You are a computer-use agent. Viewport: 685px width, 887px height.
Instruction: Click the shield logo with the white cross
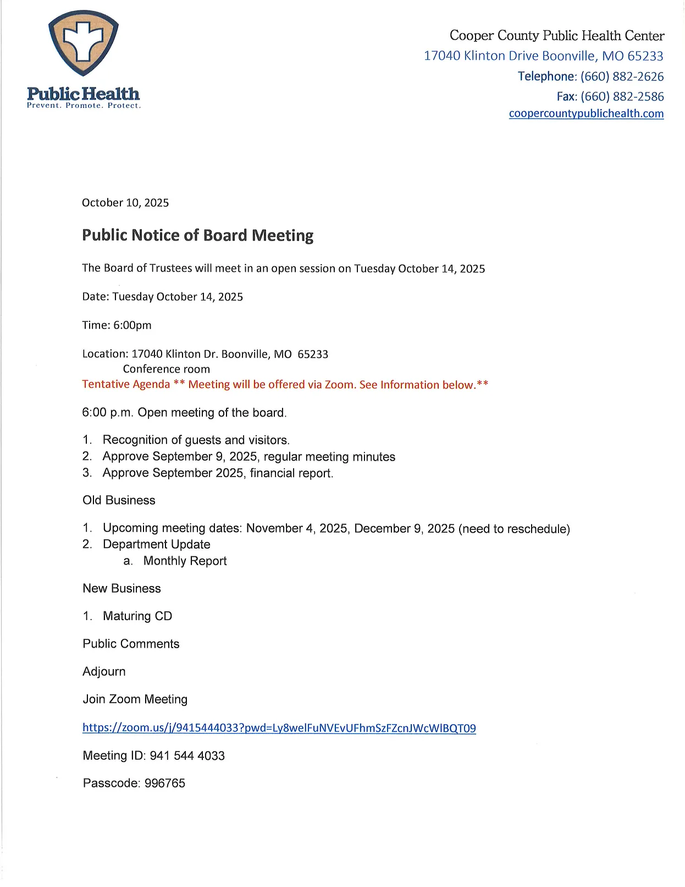[x=83, y=43]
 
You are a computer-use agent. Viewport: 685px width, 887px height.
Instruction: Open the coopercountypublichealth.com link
[x=586, y=114]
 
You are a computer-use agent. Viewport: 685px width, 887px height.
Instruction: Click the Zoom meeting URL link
[x=279, y=728]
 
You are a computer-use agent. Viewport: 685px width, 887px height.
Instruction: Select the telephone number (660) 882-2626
[x=622, y=76]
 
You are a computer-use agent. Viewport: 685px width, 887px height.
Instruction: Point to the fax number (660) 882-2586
[x=622, y=97]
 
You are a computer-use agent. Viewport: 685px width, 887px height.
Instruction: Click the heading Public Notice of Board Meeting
[x=197, y=236]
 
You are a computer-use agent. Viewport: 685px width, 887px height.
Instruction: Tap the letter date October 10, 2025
[x=125, y=203]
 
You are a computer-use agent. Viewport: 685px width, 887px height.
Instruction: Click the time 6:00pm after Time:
[x=132, y=325]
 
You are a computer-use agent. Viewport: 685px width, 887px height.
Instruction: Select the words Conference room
[x=166, y=369]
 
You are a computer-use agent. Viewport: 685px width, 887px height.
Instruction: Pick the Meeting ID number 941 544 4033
[x=187, y=756]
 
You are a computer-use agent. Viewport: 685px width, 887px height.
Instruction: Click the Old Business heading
[x=119, y=500]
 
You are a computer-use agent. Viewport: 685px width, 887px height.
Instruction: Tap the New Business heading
[x=121, y=588]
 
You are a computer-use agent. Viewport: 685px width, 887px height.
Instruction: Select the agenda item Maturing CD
[x=137, y=616]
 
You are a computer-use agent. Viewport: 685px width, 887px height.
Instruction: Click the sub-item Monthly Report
[x=185, y=561]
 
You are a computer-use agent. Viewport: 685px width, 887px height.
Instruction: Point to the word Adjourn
[x=104, y=671]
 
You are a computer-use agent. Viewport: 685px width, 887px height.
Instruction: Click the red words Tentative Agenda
[x=126, y=384]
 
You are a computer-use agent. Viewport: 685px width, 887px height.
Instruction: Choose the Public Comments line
[x=131, y=644]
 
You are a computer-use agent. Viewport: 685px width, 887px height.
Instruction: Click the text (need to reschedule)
[x=514, y=529]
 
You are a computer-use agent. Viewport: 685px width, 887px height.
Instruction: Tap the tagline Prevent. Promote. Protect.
[x=84, y=106]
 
